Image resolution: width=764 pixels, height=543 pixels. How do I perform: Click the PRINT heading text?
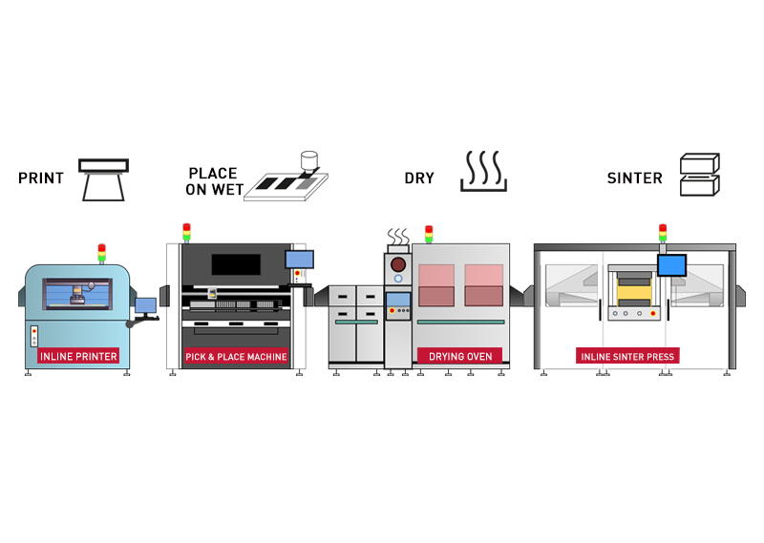point(41,178)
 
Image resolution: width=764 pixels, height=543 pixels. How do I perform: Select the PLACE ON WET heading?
point(212,179)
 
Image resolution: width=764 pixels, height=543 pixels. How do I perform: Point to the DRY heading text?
point(418,178)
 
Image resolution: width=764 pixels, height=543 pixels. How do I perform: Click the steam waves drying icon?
point(483,172)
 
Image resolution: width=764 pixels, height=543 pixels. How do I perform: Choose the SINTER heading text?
point(634,178)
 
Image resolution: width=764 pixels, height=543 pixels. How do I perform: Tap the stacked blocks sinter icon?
point(699,176)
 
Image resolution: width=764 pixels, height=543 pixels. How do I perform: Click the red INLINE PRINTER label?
point(78,357)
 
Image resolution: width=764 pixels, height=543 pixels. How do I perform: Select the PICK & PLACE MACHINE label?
point(236,357)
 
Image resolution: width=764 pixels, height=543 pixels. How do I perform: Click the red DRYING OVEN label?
point(459,356)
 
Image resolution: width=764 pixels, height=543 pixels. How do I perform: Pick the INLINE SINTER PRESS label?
point(627,357)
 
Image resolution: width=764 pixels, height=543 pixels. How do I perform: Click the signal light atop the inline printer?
point(101,253)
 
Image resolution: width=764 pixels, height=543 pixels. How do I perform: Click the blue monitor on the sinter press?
point(671,264)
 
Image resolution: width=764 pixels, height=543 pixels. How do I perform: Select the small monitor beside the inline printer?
point(145,306)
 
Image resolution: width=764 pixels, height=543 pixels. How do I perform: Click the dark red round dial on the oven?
point(397,263)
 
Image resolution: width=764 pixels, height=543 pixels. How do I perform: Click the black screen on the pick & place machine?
point(236,265)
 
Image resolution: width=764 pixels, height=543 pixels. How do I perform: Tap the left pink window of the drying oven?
point(435,284)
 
